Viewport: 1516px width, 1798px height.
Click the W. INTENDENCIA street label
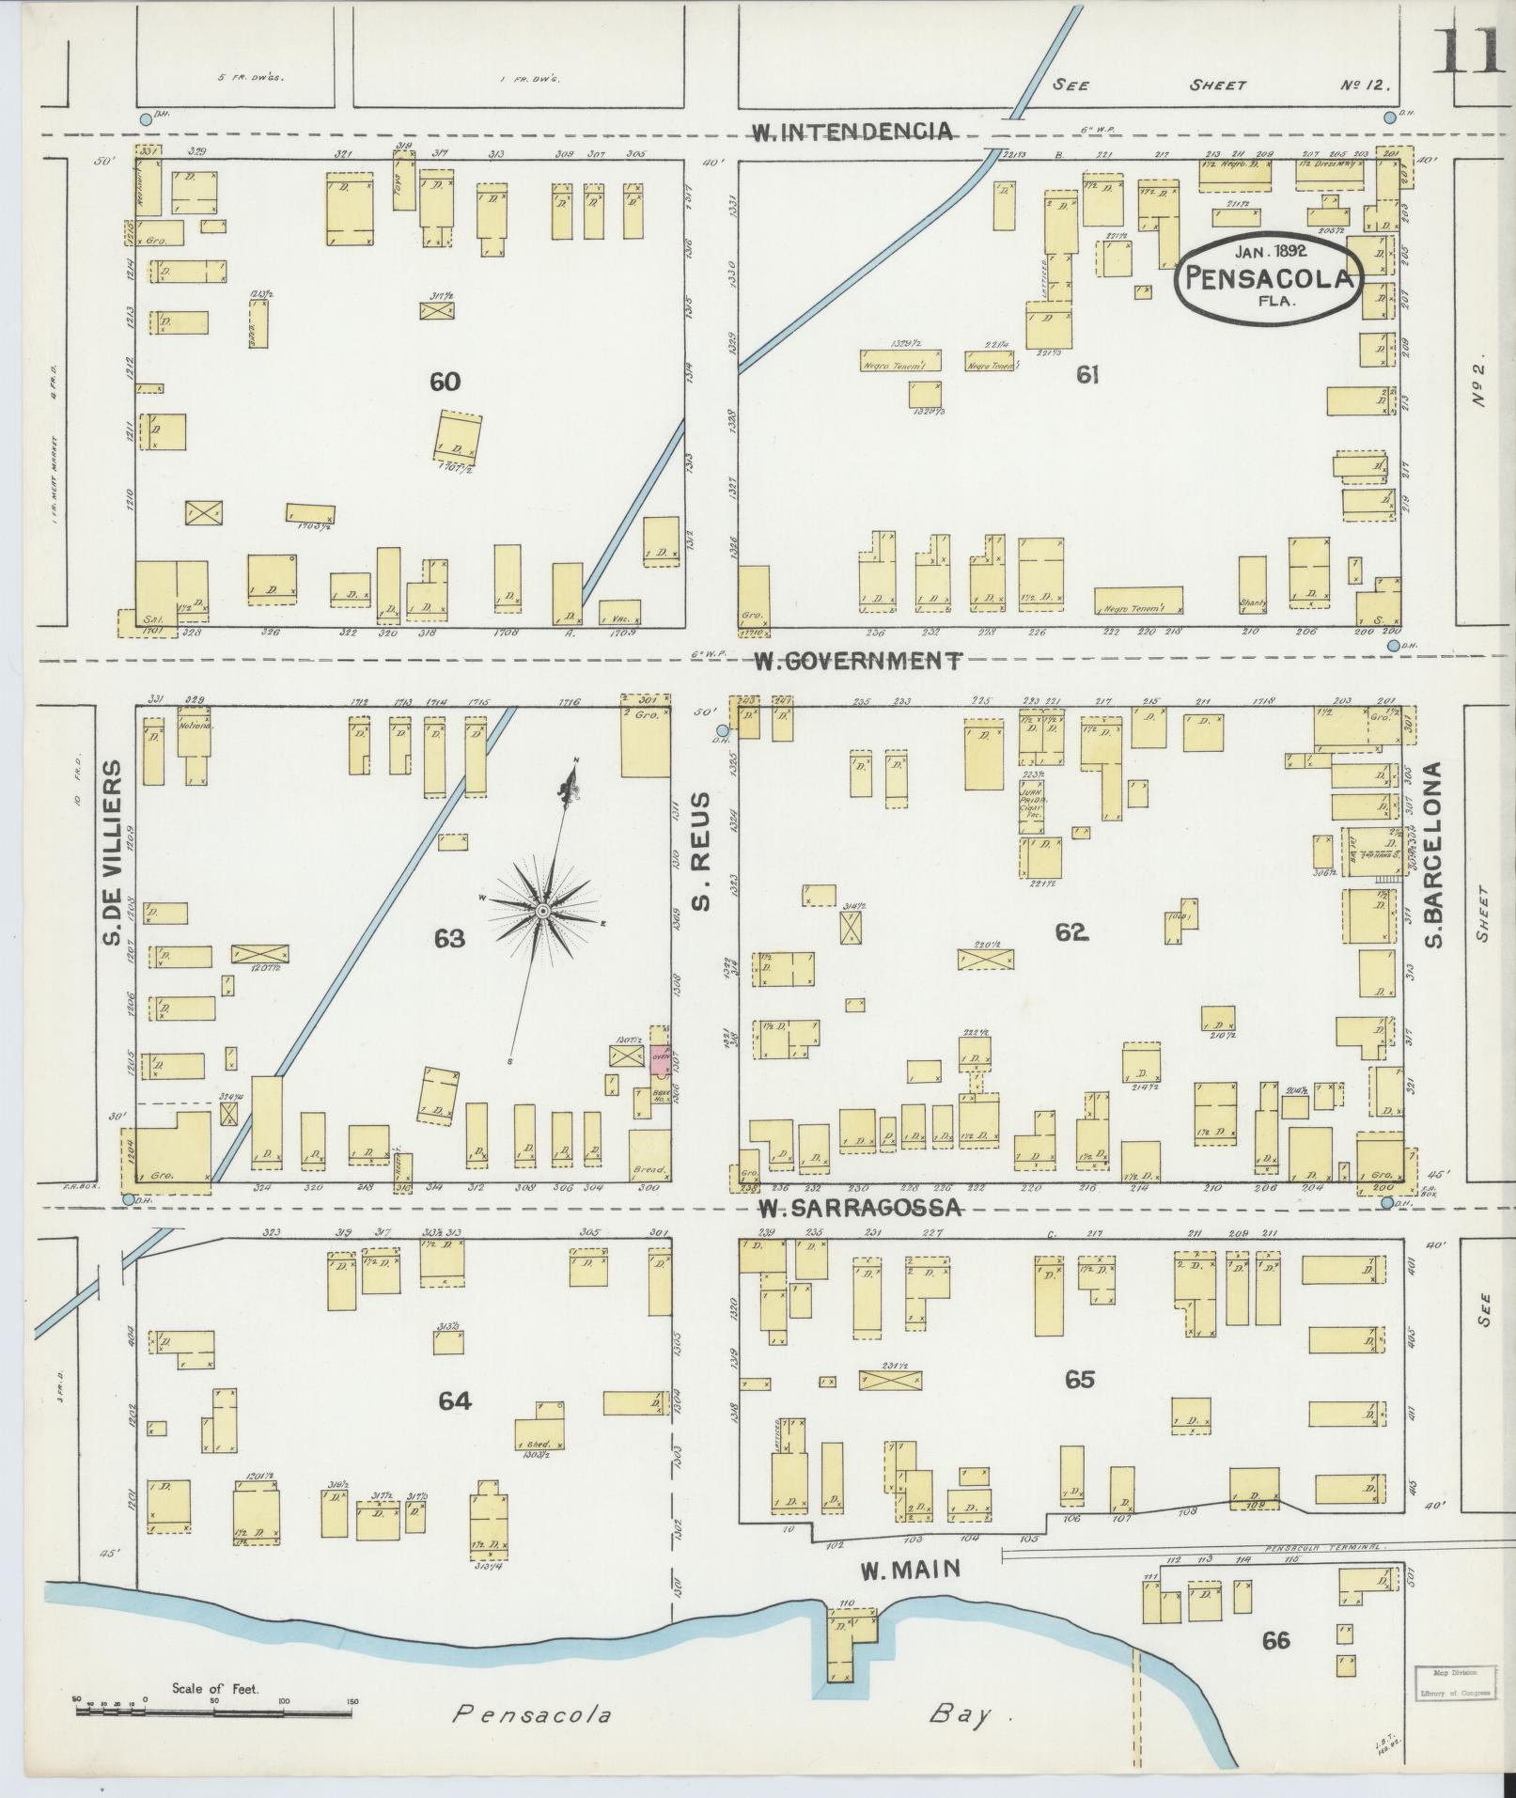(x=852, y=132)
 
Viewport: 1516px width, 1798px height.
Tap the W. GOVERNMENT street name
(x=858, y=661)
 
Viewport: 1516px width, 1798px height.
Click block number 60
(x=445, y=382)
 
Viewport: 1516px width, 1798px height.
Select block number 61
(x=1087, y=375)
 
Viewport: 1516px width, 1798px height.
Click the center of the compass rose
(x=542, y=912)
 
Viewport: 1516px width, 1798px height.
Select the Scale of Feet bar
(x=213, y=1711)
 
